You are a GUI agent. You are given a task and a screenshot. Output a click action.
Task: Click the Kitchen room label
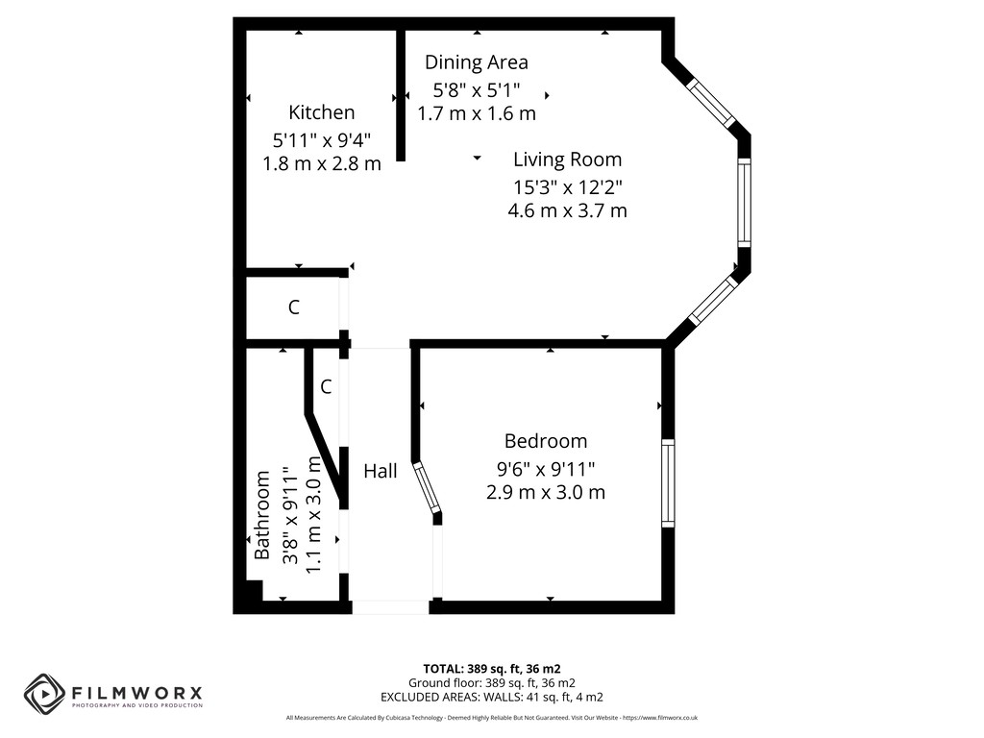click(321, 112)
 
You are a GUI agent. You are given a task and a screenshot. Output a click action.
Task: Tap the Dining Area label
click(477, 62)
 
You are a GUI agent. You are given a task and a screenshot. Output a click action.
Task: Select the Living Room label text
click(567, 160)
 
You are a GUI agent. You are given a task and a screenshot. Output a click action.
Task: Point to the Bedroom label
click(546, 441)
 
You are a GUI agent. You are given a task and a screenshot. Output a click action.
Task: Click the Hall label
click(381, 471)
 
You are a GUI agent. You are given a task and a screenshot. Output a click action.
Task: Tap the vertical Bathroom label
click(261, 515)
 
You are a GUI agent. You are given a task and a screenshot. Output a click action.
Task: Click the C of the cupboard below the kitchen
click(294, 307)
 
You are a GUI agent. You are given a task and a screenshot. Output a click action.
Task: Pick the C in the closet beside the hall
click(326, 386)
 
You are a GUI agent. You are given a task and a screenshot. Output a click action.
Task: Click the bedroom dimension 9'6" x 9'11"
click(546, 468)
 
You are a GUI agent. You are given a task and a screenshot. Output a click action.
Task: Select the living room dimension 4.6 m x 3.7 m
click(567, 210)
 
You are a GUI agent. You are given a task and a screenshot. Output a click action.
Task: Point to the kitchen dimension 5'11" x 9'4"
click(321, 139)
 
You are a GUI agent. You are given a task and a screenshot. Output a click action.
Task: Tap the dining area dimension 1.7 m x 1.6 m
click(477, 113)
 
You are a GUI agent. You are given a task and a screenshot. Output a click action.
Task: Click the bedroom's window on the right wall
click(669, 483)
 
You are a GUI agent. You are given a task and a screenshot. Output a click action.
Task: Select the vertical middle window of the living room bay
click(744, 203)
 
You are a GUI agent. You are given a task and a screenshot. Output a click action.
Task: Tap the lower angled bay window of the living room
click(712, 301)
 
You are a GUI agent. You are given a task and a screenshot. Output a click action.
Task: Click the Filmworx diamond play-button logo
click(44, 694)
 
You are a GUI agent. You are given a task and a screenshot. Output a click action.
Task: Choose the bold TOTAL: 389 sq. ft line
click(491, 669)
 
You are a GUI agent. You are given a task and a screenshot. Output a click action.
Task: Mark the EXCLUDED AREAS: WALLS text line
click(491, 697)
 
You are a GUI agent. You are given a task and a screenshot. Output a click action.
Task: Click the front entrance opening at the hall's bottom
click(390, 607)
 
